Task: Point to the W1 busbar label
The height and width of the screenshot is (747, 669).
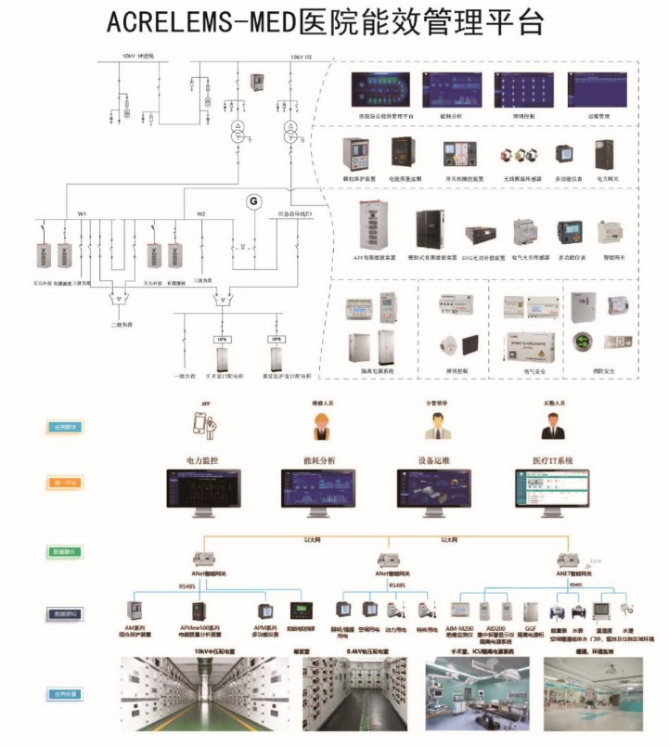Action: [82, 214]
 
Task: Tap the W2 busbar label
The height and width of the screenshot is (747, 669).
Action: [200, 214]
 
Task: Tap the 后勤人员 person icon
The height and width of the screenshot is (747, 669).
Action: [554, 425]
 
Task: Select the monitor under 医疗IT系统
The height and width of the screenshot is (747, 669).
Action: [554, 492]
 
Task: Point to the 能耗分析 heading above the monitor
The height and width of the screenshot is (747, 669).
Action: [321, 458]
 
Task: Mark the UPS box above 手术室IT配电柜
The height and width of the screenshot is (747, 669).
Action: [222, 340]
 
